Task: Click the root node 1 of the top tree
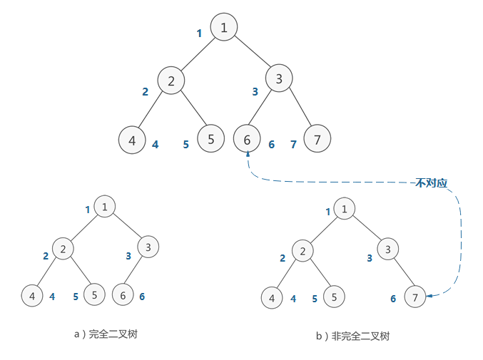224,28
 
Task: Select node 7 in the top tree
317,139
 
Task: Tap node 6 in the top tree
247,139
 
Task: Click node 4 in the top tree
132,140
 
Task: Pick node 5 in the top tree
210,138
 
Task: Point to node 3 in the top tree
279,79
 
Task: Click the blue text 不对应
432,183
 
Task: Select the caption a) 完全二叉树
105,334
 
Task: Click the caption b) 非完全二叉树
352,336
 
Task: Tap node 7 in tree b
415,296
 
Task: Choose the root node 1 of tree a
104,207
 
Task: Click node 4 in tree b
272,297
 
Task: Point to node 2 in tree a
63,249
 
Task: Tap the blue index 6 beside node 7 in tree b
392,299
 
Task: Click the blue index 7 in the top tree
293,145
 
